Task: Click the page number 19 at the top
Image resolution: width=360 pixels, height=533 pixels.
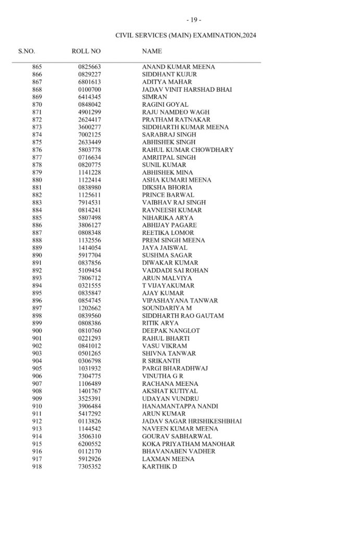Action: (194, 20)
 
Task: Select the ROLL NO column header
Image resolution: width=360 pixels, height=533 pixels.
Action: (86, 52)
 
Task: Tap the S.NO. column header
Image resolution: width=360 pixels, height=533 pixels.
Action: (27, 52)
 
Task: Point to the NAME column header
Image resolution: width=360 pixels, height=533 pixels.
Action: (152, 52)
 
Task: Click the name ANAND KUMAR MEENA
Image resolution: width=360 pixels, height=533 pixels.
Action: (178, 67)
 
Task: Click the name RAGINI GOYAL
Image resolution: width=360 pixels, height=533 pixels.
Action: (165, 105)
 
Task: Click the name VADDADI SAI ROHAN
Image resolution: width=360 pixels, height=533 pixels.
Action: (175, 271)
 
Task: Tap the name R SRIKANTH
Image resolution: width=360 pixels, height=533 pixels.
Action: (161, 361)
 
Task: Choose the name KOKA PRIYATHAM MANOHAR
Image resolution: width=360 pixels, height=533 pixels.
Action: (188, 444)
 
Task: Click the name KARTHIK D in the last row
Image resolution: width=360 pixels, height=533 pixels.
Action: (159, 466)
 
